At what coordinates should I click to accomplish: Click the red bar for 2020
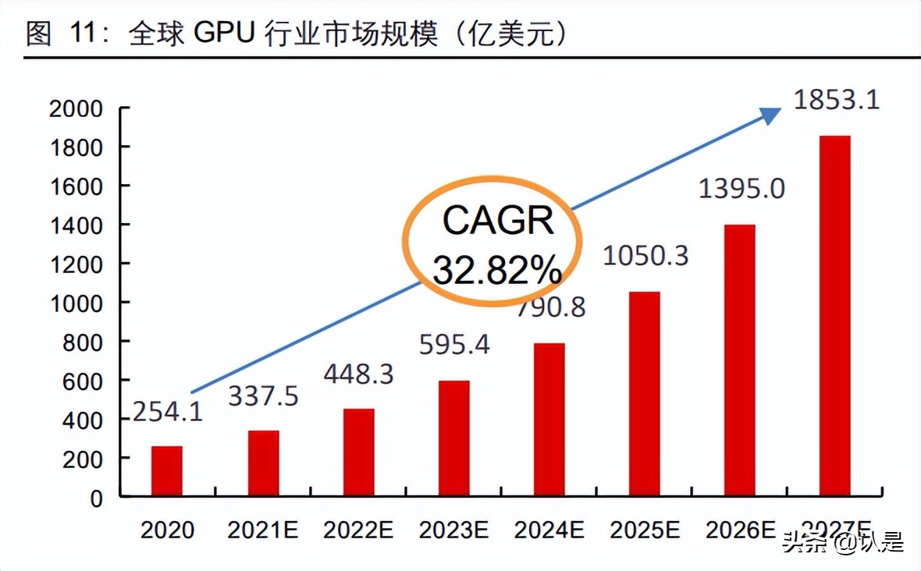pyautogui.click(x=166, y=471)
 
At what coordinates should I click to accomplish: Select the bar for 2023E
pyautogui.click(x=453, y=438)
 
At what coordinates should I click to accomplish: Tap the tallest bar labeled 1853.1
pyautogui.click(x=835, y=316)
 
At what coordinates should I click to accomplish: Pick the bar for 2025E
pyautogui.click(x=644, y=394)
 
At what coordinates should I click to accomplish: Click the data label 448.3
pyautogui.click(x=358, y=375)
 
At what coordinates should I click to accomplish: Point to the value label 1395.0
pyautogui.click(x=741, y=188)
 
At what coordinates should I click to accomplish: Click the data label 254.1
pyautogui.click(x=167, y=411)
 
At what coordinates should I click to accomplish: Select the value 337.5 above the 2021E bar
pyautogui.click(x=263, y=396)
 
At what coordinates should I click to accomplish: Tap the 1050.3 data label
pyautogui.click(x=645, y=256)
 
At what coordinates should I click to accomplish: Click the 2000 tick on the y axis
pyautogui.click(x=76, y=108)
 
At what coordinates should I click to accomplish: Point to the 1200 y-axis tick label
pyautogui.click(x=76, y=264)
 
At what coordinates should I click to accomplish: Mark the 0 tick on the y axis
pyautogui.click(x=96, y=498)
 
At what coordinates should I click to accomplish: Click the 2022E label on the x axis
pyautogui.click(x=358, y=530)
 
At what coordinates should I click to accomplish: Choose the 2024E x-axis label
pyautogui.click(x=549, y=530)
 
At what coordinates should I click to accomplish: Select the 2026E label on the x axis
pyautogui.click(x=740, y=530)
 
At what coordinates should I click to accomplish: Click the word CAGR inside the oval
pyautogui.click(x=498, y=222)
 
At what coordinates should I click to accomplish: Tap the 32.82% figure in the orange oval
pyautogui.click(x=497, y=270)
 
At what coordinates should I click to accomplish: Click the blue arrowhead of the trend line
pyautogui.click(x=771, y=115)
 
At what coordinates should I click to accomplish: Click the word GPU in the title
pyautogui.click(x=224, y=34)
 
